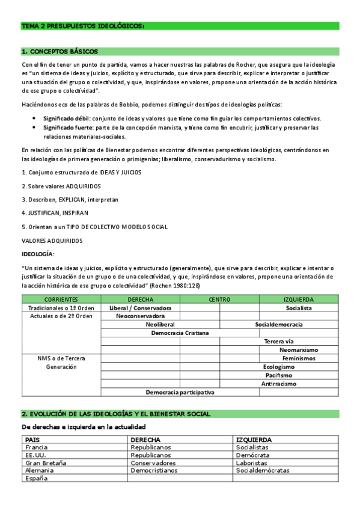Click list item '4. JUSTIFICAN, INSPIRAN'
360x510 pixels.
pyautogui.click(x=55, y=213)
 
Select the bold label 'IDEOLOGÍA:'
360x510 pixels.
pyautogui.click(x=38, y=254)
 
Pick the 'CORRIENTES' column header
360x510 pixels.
pyautogui.click(x=61, y=299)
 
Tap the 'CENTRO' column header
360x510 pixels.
pyautogui.click(x=219, y=299)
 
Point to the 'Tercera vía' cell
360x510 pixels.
pyautogui.click(x=279, y=341)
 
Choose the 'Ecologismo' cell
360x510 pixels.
pyautogui.click(x=279, y=366)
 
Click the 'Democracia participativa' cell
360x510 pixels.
pyautogui.click(x=180, y=392)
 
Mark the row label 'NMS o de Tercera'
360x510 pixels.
pyautogui.click(x=61, y=358)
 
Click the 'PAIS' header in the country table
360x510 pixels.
pyautogui.click(x=32, y=440)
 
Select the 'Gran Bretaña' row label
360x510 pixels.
pyautogui.click(x=46, y=463)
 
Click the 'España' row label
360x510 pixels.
pyautogui.click(x=36, y=479)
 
